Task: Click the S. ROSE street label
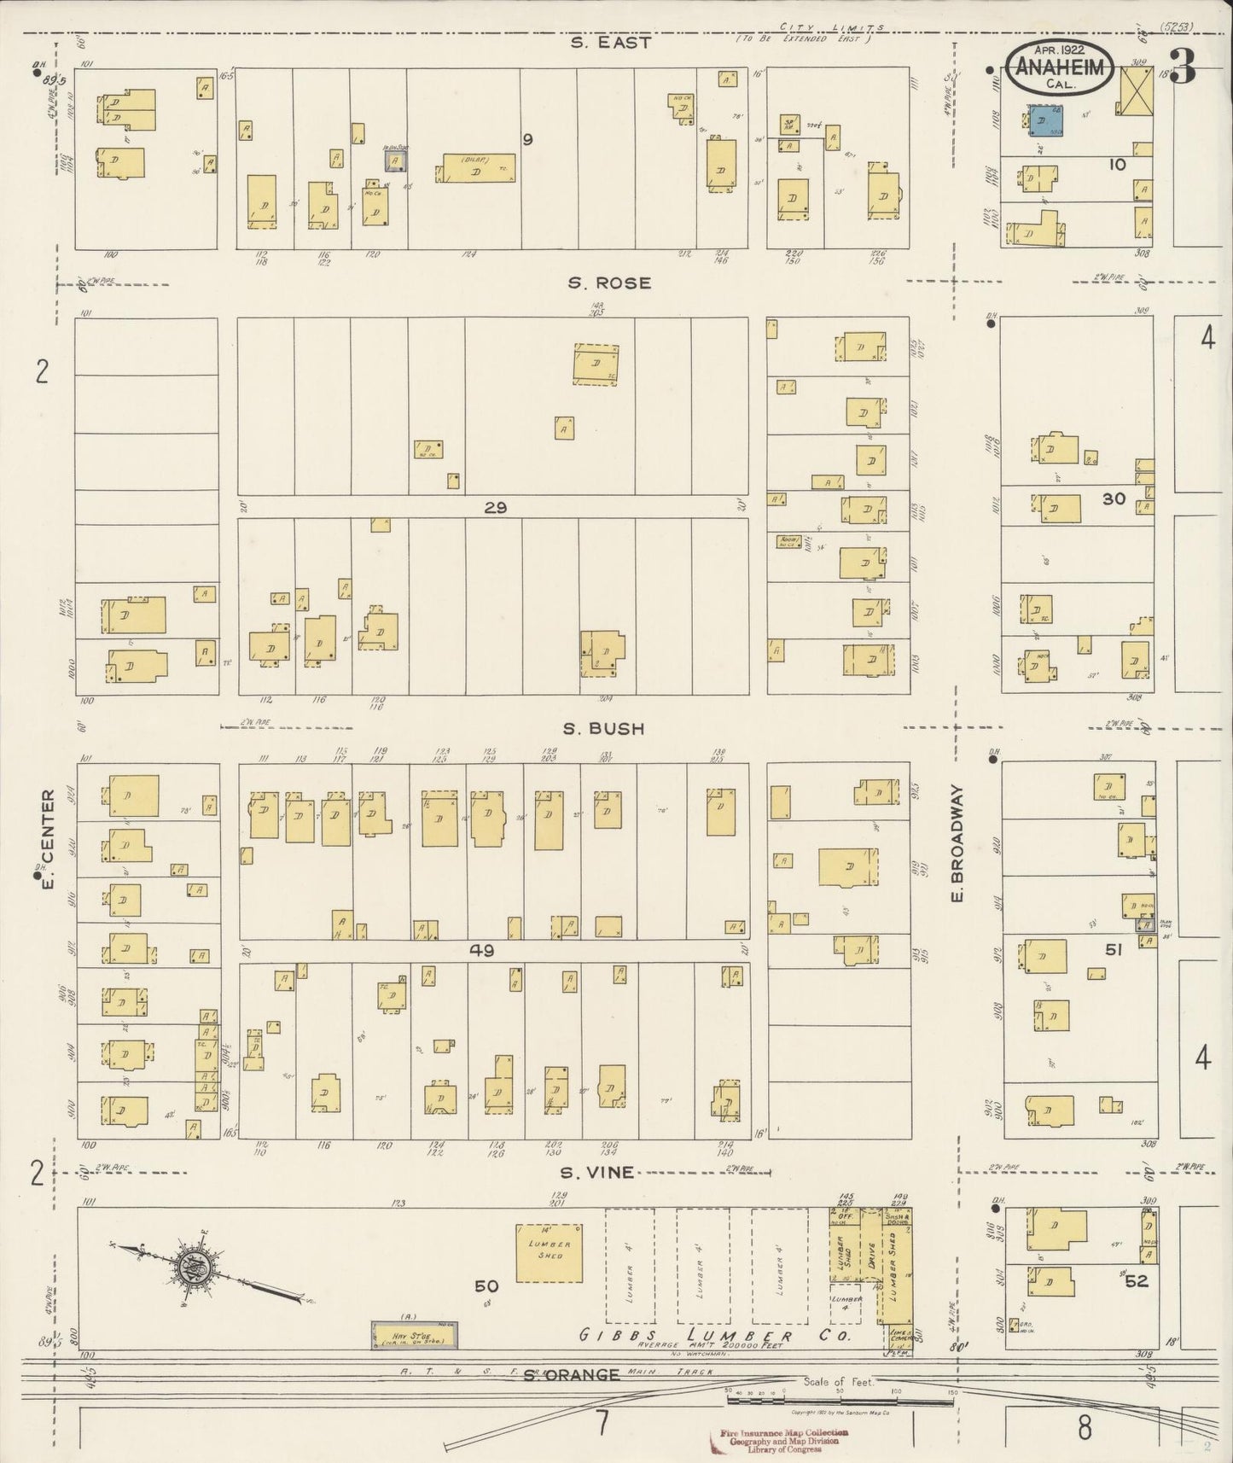pyautogui.click(x=609, y=283)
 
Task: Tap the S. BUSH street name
pyautogui.click(x=602, y=729)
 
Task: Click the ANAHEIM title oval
pyautogui.click(x=1059, y=69)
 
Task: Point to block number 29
pyautogui.click(x=495, y=508)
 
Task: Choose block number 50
pyautogui.click(x=486, y=1286)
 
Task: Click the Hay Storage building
pyautogui.click(x=412, y=1335)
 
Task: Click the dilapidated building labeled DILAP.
pyautogui.click(x=478, y=169)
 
